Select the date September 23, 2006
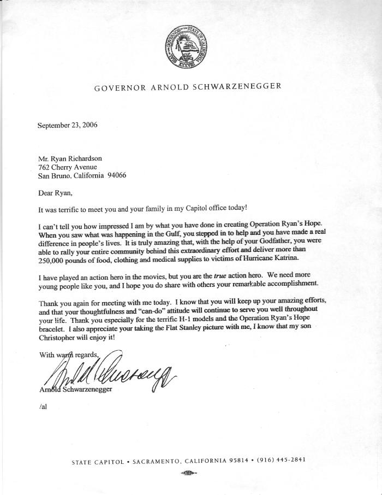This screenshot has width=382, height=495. (67, 125)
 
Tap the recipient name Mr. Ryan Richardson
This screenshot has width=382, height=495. (69, 158)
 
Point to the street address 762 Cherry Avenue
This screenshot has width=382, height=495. (67, 167)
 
